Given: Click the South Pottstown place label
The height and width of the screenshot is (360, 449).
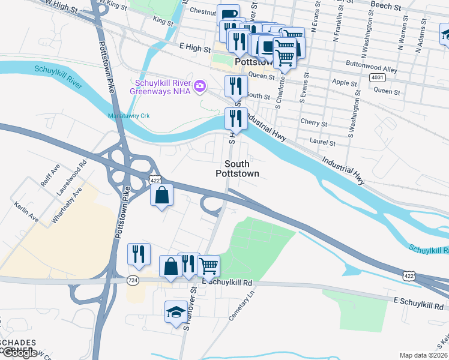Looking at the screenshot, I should pos(237,169).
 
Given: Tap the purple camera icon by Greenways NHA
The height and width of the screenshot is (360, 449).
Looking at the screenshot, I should pos(200,87).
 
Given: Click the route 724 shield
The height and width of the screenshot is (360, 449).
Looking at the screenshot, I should pos(133,280).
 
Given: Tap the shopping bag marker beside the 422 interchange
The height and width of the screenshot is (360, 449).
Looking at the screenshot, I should pos(161,195).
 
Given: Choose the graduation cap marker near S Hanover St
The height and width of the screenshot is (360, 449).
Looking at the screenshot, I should pos(176,312).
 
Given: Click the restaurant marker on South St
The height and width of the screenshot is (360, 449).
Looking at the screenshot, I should pos(236,86).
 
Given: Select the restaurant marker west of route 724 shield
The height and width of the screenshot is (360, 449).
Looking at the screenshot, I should pos(139,254).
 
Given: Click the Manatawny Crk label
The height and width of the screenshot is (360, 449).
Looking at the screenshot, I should pos(127,115).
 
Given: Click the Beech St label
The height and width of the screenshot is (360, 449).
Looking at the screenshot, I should pos(386,7).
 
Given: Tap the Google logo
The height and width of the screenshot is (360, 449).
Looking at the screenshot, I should pos(19,353).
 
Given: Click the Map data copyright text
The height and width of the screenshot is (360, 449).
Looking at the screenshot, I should pos(423,355).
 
